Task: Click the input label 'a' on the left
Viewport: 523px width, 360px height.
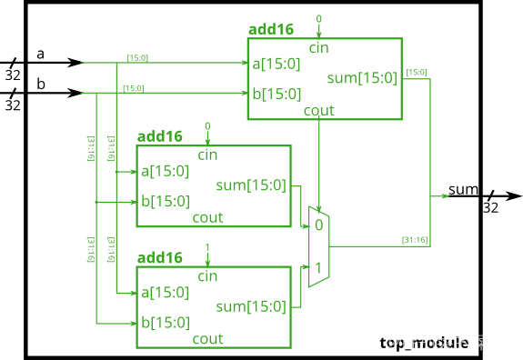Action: pos(40,55)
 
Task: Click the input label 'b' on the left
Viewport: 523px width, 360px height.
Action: pos(40,85)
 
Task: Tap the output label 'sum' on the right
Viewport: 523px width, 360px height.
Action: pos(463,190)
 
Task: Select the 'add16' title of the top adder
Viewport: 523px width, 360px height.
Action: pos(271,29)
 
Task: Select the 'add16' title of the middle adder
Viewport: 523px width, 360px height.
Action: pos(159,136)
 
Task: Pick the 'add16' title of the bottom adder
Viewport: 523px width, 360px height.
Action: pos(159,258)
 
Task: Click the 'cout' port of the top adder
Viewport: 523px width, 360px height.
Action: pos(319,110)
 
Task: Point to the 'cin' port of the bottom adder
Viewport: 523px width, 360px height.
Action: pos(207,275)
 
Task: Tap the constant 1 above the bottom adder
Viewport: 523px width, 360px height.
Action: pos(207,247)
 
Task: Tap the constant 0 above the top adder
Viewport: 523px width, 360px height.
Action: pos(318,19)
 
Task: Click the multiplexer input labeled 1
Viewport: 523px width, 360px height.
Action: pos(318,268)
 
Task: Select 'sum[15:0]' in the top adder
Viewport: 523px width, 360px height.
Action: pos(362,78)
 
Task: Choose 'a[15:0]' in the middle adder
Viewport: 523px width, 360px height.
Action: pos(165,171)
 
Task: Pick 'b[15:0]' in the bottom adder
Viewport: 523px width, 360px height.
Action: pos(165,322)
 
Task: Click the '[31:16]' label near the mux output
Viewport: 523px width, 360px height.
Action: pos(415,240)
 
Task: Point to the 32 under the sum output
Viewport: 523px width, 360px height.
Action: pos(490,207)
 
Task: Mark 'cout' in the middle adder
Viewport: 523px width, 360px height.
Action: pos(207,217)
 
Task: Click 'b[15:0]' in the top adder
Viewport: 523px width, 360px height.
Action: pos(277,94)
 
